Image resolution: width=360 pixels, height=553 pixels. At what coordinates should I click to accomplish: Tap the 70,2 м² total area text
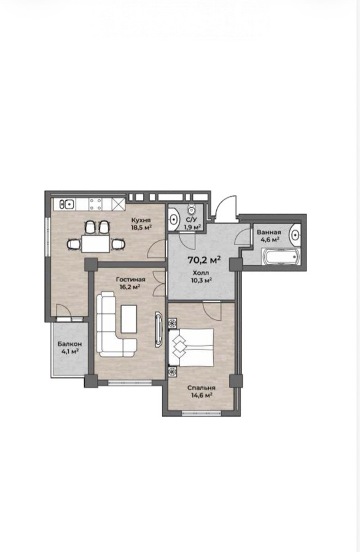pyautogui.click(x=205, y=261)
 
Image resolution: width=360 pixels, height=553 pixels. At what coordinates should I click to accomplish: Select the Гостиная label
pyautogui.click(x=130, y=280)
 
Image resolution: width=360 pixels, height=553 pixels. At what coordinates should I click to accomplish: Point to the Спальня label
pyautogui.click(x=202, y=388)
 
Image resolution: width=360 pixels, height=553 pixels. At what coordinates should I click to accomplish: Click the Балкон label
pyautogui.click(x=70, y=344)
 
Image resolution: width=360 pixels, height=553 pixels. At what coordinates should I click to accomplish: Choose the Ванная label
pyautogui.click(x=269, y=232)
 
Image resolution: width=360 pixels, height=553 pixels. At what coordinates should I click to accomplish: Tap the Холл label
pyautogui.click(x=201, y=273)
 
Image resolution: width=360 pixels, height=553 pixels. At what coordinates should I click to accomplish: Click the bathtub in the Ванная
pyautogui.click(x=281, y=257)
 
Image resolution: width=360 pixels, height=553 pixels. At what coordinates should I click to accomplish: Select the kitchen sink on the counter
pyautogui.click(x=66, y=204)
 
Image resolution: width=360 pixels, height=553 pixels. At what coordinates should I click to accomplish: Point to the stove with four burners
pyautogui.click(x=96, y=204)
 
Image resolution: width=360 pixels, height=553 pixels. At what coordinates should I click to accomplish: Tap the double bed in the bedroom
pyautogui.click(x=192, y=347)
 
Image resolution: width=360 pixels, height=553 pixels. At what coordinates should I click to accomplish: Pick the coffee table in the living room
pyautogui.click(x=128, y=319)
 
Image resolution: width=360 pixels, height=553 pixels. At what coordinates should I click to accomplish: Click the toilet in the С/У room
pyautogui.click(x=192, y=210)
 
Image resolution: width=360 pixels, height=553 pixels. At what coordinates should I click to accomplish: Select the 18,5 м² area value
pyautogui.click(x=141, y=227)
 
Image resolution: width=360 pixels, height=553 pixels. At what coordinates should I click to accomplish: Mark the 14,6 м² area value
pyautogui.click(x=202, y=395)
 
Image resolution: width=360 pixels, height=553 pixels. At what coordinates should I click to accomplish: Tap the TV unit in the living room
pyautogui.click(x=158, y=329)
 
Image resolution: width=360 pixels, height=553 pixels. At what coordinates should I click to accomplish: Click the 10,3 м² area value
pyautogui.click(x=201, y=280)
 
